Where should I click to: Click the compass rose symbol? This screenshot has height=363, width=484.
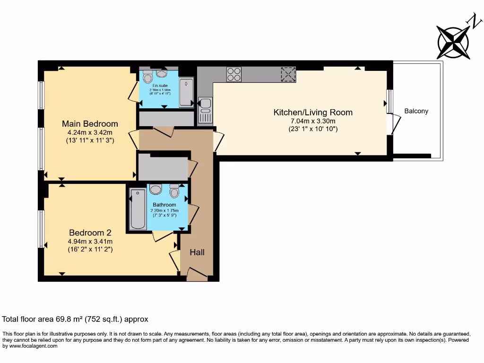coord(454,43)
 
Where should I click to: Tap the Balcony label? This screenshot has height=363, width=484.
coord(416,112)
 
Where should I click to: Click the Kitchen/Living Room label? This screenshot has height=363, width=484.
coord(313,112)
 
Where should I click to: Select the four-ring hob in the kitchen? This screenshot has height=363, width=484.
coord(234,75)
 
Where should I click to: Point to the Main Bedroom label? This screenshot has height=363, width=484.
coord(90,124)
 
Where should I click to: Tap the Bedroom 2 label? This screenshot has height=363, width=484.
coord(90,233)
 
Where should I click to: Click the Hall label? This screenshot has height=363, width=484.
coord(197,252)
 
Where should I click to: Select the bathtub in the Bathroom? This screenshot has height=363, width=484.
coord(138,209)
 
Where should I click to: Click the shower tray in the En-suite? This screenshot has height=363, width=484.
coord(186,93)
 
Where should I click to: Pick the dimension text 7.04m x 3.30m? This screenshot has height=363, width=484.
coord(313,121)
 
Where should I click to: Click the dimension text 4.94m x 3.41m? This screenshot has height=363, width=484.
coord(90,241)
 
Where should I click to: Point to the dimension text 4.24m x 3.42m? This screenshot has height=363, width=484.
coord(90,132)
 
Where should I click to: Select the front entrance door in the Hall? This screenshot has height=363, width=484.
coord(196,274)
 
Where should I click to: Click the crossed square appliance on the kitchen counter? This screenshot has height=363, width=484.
coord(287,75)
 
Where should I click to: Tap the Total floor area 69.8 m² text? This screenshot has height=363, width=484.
coord(76,319)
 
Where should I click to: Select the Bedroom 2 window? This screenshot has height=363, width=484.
coord(41,229)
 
